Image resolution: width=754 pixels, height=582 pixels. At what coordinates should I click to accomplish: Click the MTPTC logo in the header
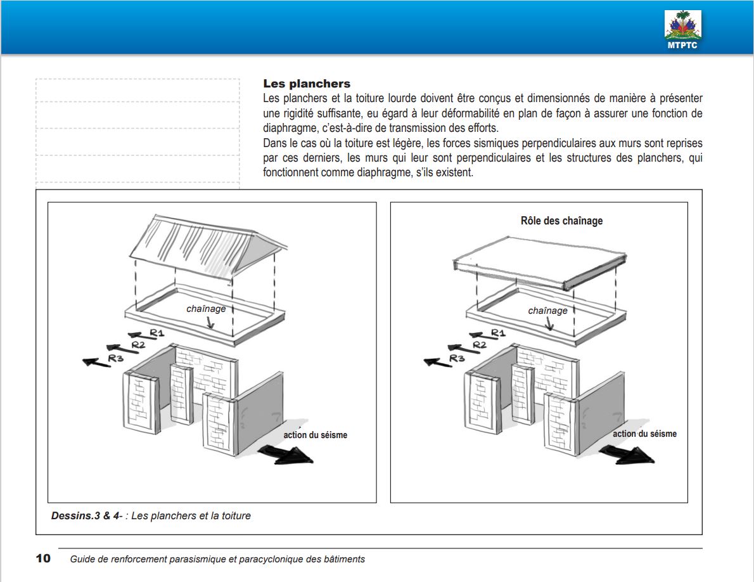(682, 29)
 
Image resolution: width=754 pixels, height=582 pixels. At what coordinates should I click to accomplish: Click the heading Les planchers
(307, 84)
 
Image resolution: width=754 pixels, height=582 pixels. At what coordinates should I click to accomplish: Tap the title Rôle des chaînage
(561, 221)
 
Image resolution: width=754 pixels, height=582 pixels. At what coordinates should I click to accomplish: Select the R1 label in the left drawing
(157, 332)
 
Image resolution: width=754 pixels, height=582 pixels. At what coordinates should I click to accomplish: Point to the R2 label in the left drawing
(139, 344)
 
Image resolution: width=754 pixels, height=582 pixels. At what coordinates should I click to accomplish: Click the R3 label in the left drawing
(115, 358)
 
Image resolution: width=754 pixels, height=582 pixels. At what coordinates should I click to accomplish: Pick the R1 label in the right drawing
(498, 332)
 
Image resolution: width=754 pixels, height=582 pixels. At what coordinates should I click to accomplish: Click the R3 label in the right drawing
(457, 358)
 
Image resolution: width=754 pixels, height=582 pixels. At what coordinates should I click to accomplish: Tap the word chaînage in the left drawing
(206, 309)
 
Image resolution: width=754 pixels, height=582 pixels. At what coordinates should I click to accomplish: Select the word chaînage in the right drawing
(547, 311)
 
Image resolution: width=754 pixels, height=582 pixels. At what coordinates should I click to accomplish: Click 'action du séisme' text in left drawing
(315, 435)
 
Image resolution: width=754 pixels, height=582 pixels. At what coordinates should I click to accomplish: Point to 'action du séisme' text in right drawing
(644, 434)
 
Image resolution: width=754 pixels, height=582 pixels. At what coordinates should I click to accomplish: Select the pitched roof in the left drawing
(203, 247)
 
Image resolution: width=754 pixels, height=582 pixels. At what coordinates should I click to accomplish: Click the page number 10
(43, 559)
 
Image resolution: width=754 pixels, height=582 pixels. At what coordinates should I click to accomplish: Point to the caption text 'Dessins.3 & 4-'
(87, 516)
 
